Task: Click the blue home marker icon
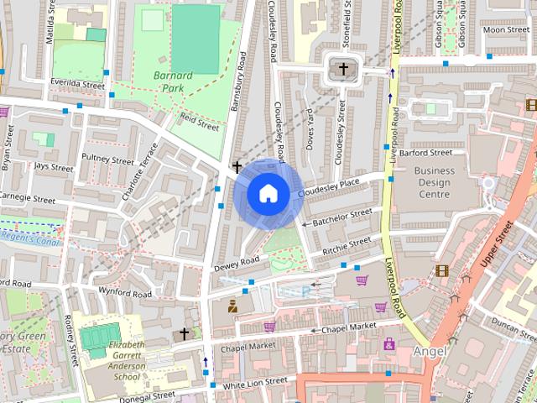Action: coord(268,194)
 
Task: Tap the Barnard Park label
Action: coord(173,81)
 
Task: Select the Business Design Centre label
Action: coord(434,182)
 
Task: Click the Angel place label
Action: coord(428,349)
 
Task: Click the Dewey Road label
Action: coord(237,264)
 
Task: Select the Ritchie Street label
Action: coord(347,246)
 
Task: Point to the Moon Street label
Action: coord(506,30)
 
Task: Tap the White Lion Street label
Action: coord(254,382)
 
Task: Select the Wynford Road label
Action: coord(125,295)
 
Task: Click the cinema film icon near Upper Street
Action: coord(441,270)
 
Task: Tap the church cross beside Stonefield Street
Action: coord(341,69)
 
